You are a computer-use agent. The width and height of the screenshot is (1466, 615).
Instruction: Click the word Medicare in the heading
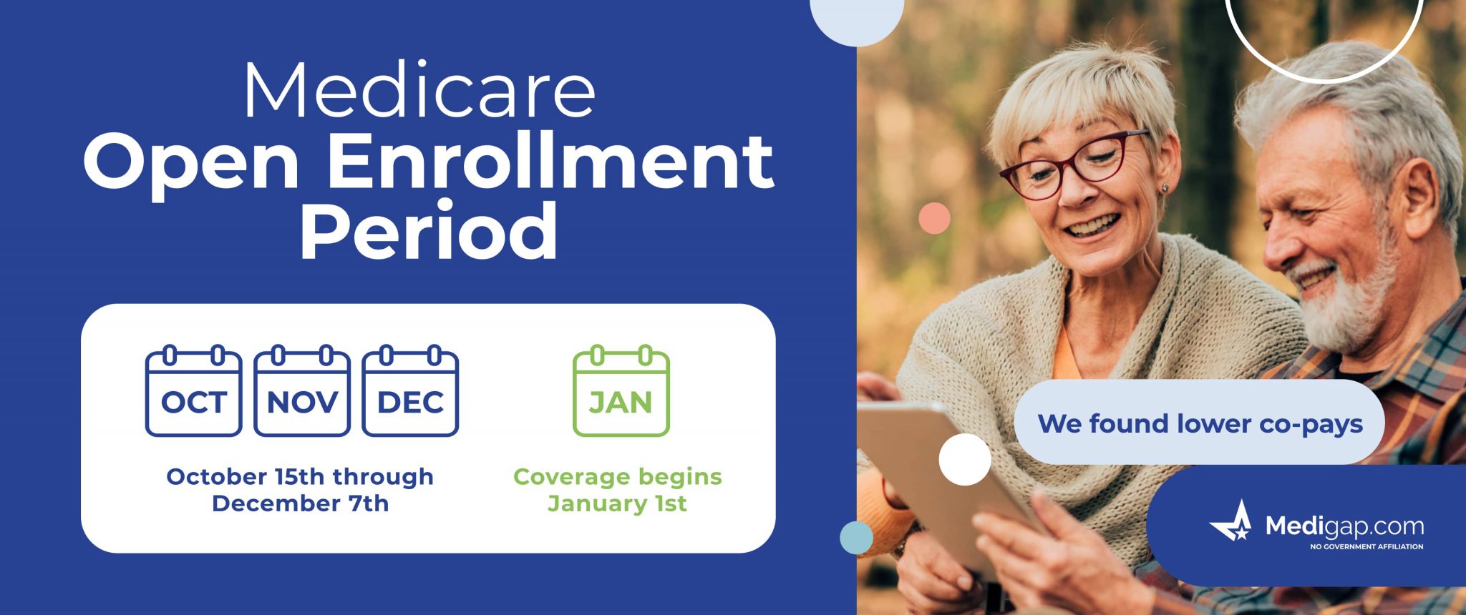pyautogui.click(x=419, y=91)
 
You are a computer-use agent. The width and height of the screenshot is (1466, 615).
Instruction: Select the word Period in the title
pyautogui.click(x=428, y=231)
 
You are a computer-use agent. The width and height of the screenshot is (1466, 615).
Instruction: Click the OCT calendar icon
pyautogui.click(x=193, y=392)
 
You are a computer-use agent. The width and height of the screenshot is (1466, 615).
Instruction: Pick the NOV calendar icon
pyautogui.click(x=302, y=392)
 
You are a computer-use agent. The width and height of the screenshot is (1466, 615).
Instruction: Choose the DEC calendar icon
pyautogui.click(x=410, y=392)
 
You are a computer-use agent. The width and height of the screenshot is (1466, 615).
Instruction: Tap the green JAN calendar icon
pyautogui.click(x=621, y=392)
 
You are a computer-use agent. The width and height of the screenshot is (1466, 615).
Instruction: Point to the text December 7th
pyautogui.click(x=300, y=503)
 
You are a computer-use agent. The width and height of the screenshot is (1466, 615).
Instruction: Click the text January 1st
pyautogui.click(x=617, y=503)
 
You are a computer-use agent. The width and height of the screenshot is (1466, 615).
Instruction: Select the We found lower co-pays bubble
pyautogui.click(x=1200, y=423)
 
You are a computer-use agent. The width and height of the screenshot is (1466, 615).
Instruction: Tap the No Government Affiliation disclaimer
pyautogui.click(x=1366, y=547)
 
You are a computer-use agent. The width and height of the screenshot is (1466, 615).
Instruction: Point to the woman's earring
pyautogui.click(x=1165, y=188)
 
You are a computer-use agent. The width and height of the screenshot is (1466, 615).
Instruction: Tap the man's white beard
pyautogui.click(x=1349, y=300)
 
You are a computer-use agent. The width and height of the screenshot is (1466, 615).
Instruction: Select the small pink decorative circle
pyautogui.click(x=934, y=218)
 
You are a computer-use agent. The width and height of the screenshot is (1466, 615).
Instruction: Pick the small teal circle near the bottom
pyautogui.click(x=856, y=538)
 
